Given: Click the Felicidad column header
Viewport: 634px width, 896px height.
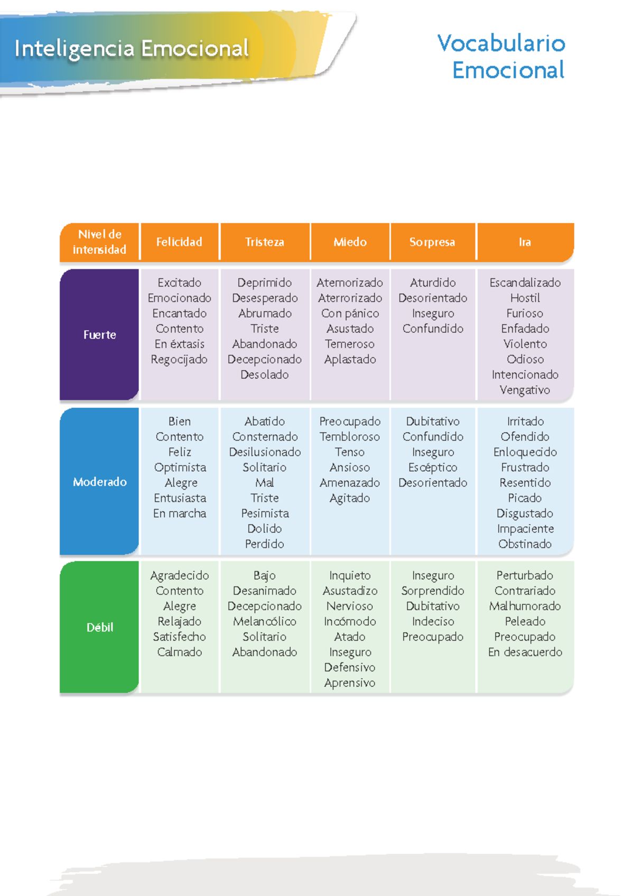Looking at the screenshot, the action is coord(179,242).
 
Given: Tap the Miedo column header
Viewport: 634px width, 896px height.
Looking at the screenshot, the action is coord(350,242).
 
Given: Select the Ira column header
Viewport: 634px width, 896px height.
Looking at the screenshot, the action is coord(525,242).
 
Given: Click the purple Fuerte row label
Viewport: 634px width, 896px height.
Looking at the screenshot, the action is coord(99,334).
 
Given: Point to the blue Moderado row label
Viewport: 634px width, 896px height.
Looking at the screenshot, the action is coord(99,481).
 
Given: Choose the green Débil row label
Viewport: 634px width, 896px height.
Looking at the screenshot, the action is coord(99,627).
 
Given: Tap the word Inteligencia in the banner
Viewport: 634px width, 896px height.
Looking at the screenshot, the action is coord(74,49).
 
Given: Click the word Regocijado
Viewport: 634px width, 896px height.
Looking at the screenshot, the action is coord(179,360).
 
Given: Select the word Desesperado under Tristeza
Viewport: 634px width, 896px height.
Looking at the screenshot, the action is coord(265,298).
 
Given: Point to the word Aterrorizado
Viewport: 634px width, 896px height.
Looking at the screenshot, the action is coord(350,298).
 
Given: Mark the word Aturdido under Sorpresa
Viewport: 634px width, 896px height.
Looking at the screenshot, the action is coord(433,283).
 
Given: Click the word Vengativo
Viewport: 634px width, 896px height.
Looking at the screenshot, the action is coord(525,390).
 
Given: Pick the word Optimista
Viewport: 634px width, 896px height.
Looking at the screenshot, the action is coord(180,468).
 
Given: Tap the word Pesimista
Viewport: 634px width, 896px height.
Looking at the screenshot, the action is coord(265,513).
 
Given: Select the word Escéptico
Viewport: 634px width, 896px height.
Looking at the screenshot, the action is coord(433,468).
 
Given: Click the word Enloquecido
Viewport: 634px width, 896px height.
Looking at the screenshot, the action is coord(525,452).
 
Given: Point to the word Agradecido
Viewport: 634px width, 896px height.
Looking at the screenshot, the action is coord(180,576).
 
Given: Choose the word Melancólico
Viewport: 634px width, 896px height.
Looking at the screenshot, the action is coord(265,621).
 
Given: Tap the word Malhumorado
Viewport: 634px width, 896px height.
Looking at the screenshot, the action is coord(525,606).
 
